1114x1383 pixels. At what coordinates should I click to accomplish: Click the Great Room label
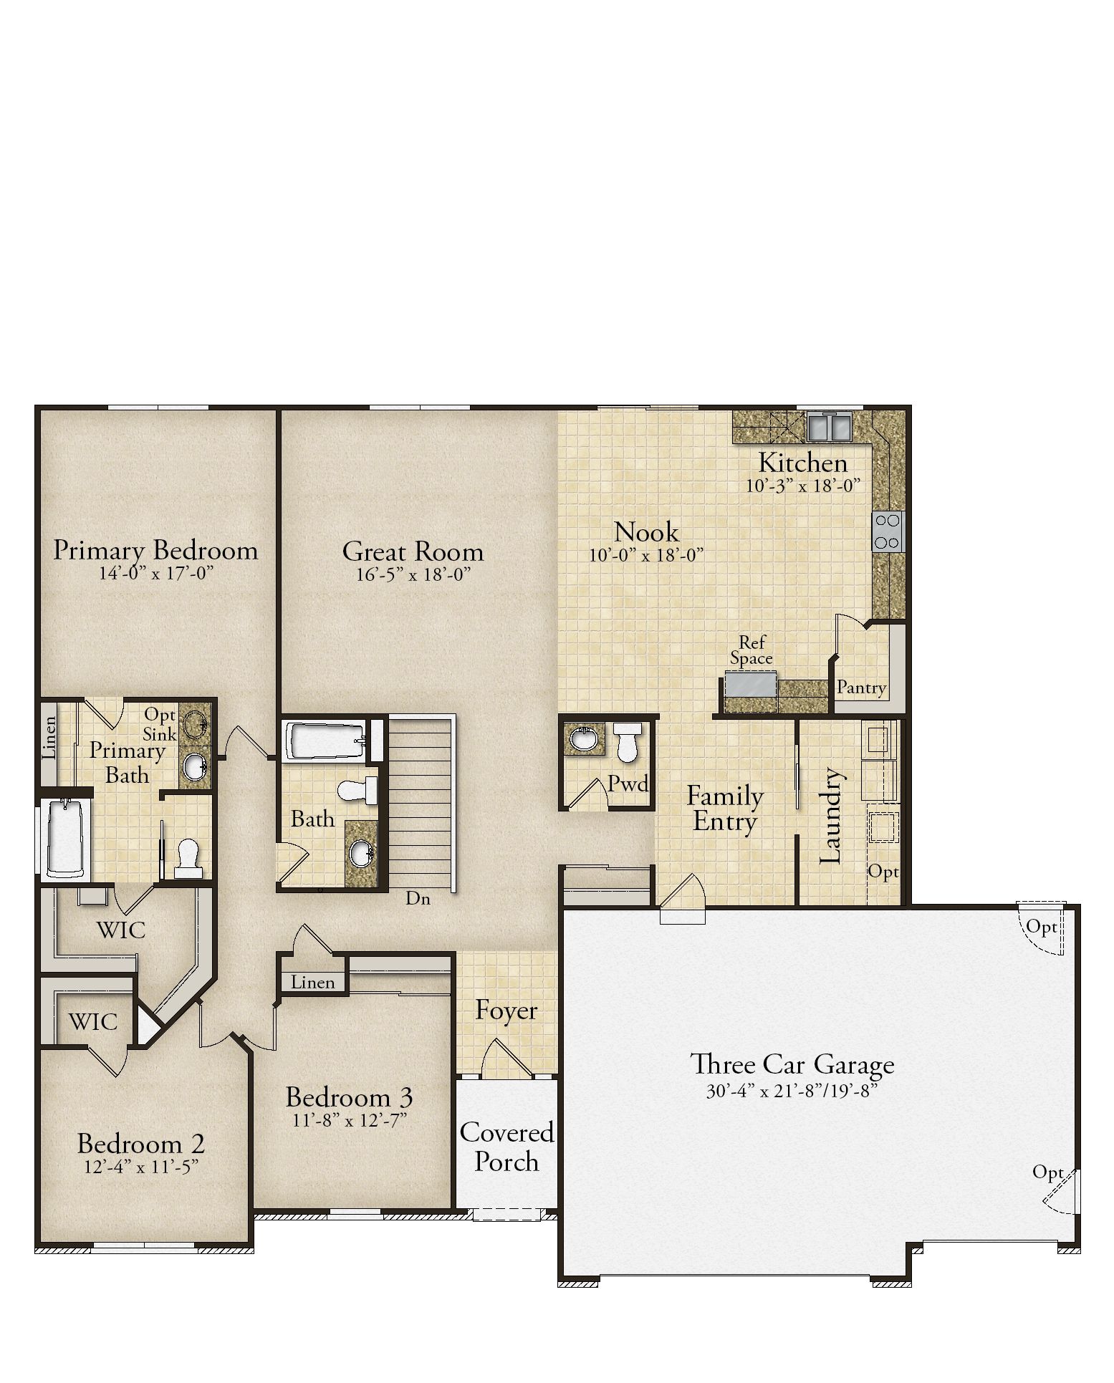[413, 551]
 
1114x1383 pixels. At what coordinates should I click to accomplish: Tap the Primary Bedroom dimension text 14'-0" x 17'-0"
[156, 573]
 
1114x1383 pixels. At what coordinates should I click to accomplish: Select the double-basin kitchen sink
[829, 426]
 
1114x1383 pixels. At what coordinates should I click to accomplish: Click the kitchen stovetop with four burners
[888, 531]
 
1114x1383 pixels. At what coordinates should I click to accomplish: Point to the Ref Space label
[752, 650]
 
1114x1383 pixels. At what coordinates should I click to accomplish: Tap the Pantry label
[862, 688]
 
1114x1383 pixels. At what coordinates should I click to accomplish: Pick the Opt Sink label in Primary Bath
[160, 724]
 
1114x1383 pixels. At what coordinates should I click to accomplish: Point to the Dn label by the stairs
[418, 898]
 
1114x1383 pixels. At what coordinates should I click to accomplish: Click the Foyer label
[506, 1011]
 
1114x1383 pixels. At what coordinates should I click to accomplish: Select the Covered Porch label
[506, 1146]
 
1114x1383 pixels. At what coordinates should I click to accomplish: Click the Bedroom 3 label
[349, 1097]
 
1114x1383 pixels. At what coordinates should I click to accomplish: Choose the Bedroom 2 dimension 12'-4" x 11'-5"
[141, 1166]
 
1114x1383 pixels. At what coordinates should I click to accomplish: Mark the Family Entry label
[725, 809]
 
